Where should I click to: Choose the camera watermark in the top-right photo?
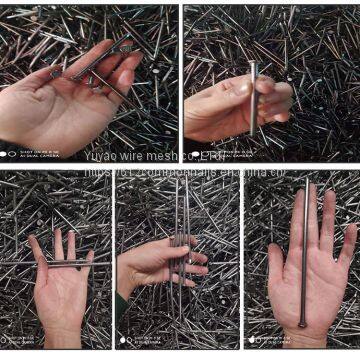click(x=215, y=153)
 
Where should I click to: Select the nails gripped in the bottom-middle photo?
click(x=180, y=255)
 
